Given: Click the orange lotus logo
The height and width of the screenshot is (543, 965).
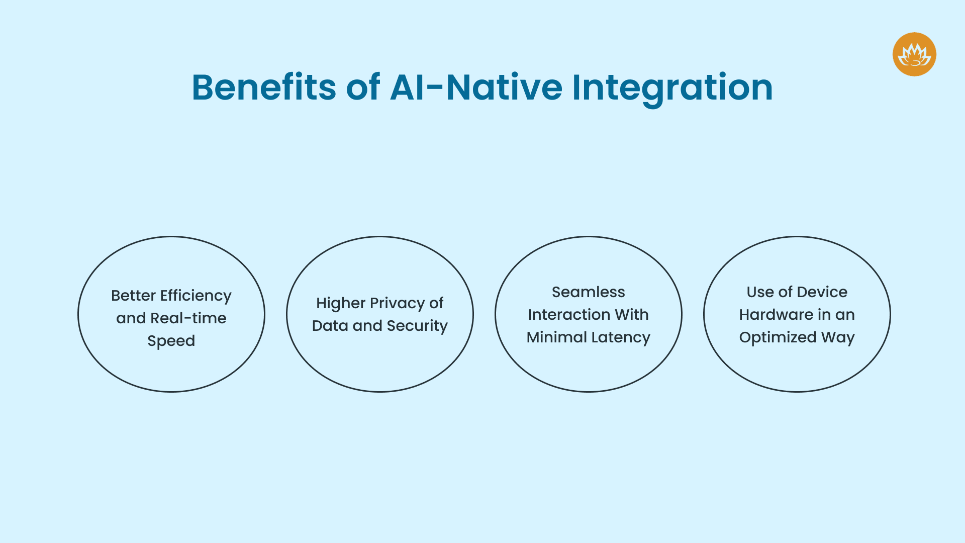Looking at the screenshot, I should tap(914, 54).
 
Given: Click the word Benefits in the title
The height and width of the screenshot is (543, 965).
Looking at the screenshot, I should tap(264, 87).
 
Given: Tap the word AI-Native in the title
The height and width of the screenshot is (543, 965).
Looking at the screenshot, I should tap(476, 87).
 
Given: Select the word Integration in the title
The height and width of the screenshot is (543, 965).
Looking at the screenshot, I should tap(672, 87).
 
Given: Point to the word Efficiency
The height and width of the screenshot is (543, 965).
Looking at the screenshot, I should tap(196, 296).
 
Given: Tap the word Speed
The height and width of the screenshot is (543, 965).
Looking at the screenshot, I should tap(171, 341).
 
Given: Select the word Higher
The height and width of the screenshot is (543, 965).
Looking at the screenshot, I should tap(340, 303).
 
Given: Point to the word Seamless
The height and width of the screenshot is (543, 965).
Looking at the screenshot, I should tap(588, 292).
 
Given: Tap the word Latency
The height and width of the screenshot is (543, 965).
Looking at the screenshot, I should tap(621, 337).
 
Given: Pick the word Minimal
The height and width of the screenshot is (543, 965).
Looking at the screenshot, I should tap(556, 337).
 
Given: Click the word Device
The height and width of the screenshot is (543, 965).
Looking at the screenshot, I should tap(822, 292).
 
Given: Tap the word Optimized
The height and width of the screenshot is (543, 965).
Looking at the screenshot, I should tap(778, 337).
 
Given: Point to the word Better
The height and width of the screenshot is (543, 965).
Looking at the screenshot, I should tap(133, 296).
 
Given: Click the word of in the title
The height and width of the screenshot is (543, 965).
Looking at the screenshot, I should tap(363, 87).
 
